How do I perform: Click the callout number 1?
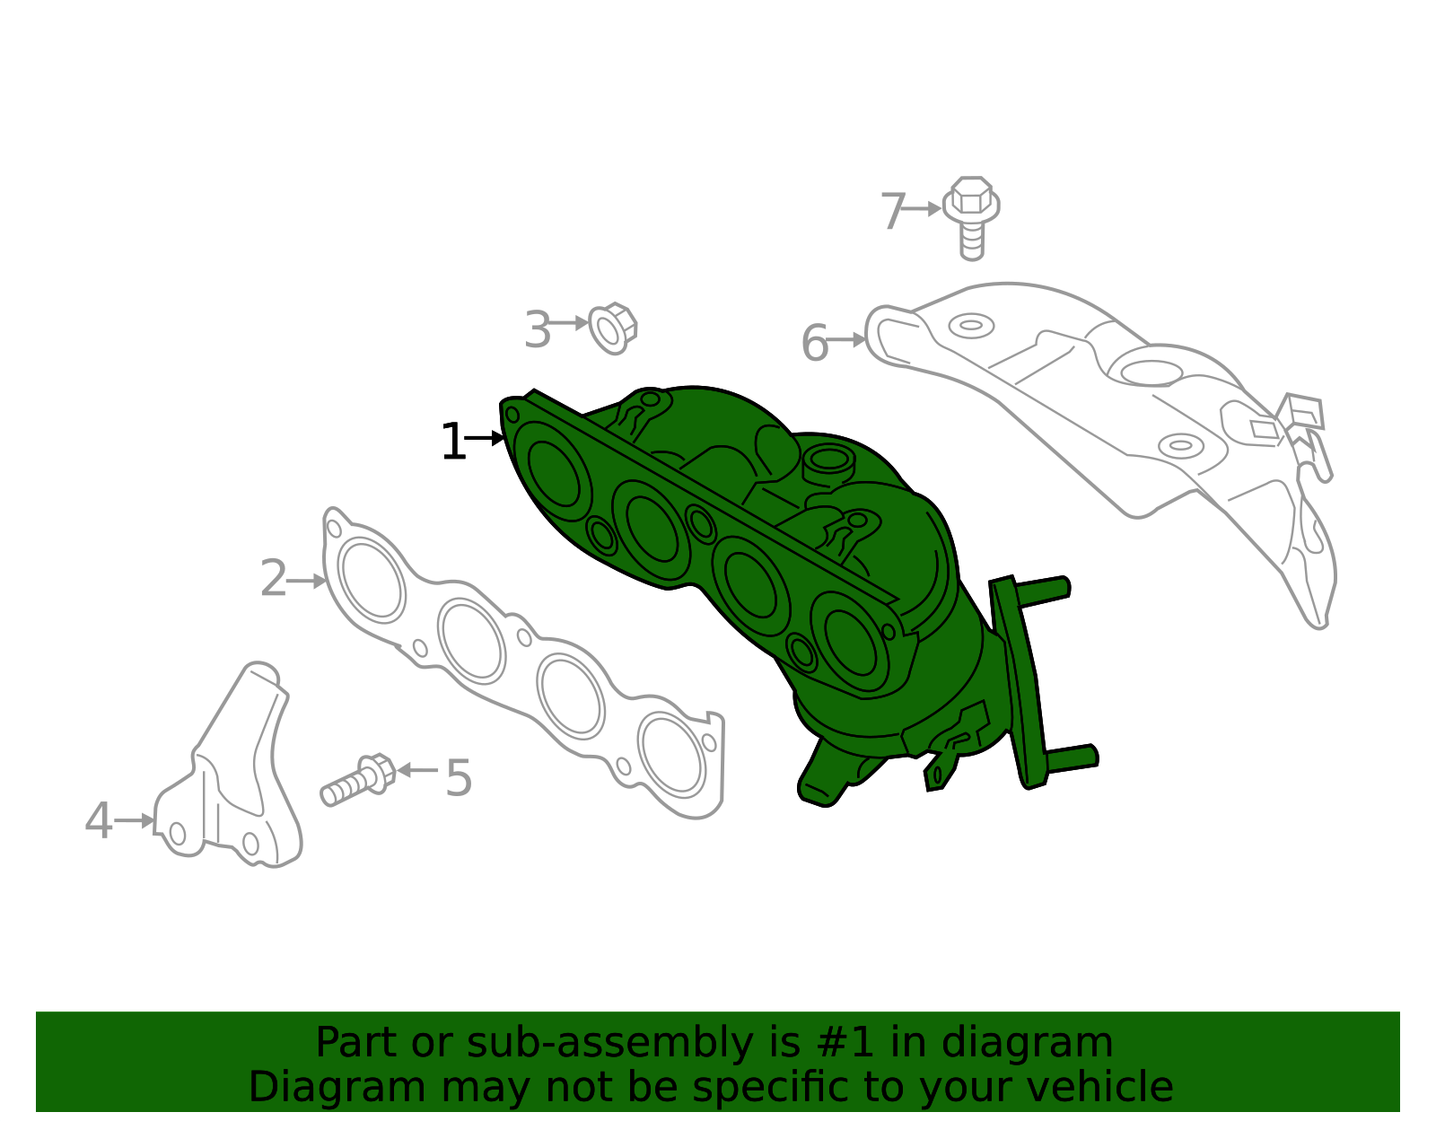(x=453, y=442)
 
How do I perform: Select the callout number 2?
(x=274, y=578)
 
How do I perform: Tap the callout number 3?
(x=538, y=329)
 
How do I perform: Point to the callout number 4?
(x=98, y=820)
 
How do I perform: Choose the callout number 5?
(x=459, y=778)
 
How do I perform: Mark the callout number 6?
(x=815, y=343)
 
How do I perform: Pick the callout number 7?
(x=893, y=211)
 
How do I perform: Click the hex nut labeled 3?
(x=613, y=328)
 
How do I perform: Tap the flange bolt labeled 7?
(x=971, y=218)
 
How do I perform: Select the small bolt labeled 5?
(x=357, y=781)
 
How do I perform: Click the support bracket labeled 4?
(x=227, y=765)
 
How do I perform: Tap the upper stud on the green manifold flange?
(x=1042, y=589)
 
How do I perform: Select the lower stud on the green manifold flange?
(x=1071, y=758)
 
